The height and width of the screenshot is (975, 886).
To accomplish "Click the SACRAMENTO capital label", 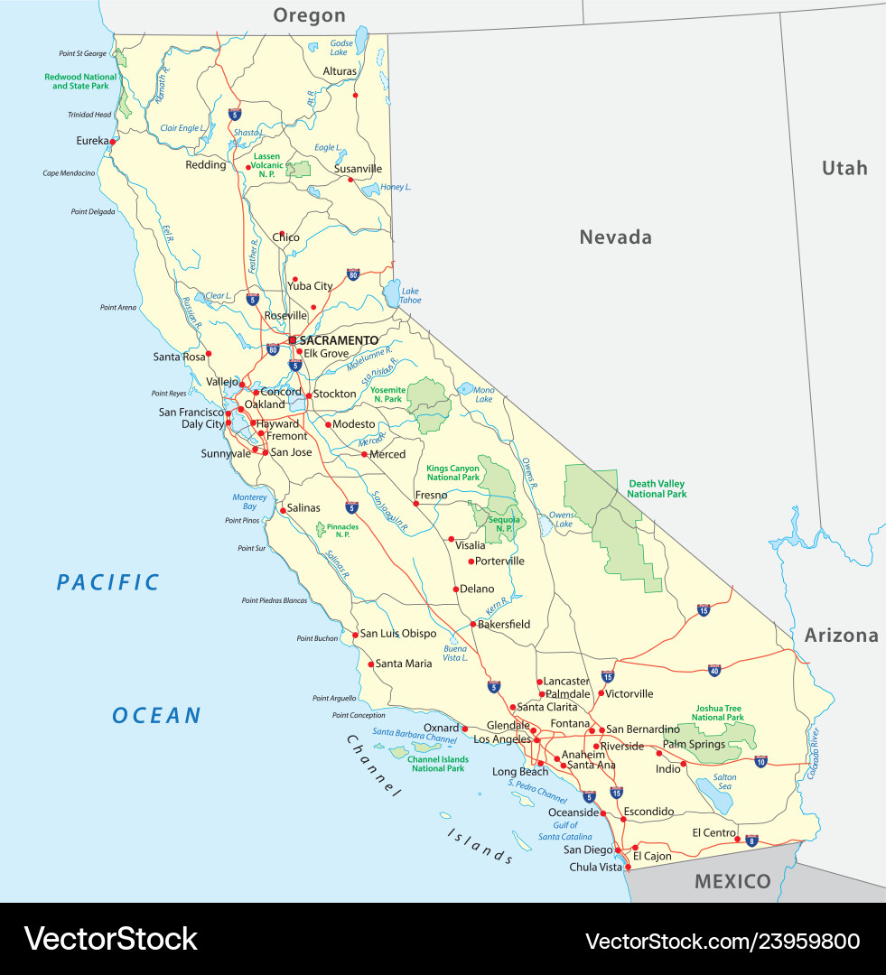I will point(339,340).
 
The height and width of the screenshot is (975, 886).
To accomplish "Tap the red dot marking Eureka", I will point(113,141).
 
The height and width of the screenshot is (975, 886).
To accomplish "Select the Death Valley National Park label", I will point(657,488).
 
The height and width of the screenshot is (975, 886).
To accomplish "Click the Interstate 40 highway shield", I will point(714,670).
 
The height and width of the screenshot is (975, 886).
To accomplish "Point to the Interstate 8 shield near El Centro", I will point(751,840).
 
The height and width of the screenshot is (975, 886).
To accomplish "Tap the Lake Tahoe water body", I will point(391,292).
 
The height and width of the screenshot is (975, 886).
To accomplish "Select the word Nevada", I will point(615,237).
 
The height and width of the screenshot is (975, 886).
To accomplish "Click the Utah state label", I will point(844,168).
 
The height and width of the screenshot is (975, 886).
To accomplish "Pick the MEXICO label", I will point(732,881).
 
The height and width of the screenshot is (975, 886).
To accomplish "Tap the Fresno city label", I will point(431,495).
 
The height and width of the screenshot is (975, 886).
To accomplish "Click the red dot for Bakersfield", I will point(472,624).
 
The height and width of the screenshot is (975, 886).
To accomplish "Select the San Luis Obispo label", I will point(398,634).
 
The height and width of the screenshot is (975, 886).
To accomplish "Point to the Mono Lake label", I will point(483,394).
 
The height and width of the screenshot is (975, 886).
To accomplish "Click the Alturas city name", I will point(340,71).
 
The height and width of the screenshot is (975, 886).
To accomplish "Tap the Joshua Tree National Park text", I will point(718,712).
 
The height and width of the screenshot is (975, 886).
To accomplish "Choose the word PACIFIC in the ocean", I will point(107,582).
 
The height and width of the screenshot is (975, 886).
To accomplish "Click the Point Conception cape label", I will point(359,715).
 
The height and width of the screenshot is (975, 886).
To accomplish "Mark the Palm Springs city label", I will point(694,744).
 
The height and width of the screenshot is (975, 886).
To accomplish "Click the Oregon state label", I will point(309,15).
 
